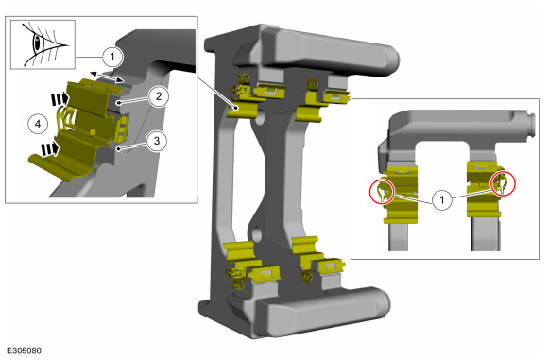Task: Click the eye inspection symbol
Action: [43, 44]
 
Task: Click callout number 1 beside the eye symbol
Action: [112, 57]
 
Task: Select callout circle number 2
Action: [159, 96]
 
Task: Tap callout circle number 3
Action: [157, 141]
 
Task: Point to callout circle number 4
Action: [38, 124]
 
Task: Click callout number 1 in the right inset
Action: [442, 200]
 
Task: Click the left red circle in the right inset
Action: [382, 192]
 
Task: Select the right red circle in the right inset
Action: [503, 183]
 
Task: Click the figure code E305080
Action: [25, 351]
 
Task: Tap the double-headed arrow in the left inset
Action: [107, 77]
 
